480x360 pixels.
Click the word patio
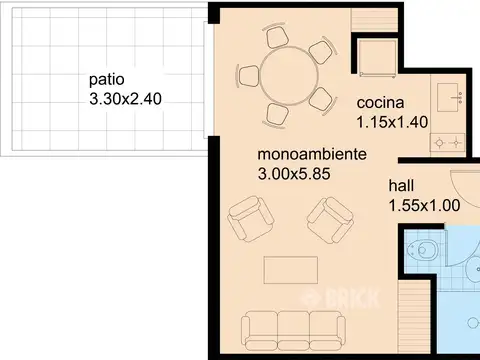click(x=107, y=80)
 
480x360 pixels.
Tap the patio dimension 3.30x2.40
click(x=126, y=99)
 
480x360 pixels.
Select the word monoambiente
click(x=312, y=154)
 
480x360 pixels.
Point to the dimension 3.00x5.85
click(x=294, y=174)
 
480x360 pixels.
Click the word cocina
click(x=380, y=103)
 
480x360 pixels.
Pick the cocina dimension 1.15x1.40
click(x=392, y=122)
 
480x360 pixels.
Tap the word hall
click(x=401, y=185)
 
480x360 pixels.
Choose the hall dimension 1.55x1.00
click(x=425, y=205)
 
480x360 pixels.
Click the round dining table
click(x=289, y=76)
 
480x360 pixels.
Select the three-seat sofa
click(x=293, y=330)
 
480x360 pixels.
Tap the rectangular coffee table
click(x=291, y=270)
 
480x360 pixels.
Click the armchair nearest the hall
click(x=330, y=220)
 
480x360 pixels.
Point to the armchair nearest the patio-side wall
click(x=251, y=219)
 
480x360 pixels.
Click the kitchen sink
click(x=448, y=97)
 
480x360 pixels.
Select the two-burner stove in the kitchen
click(x=448, y=143)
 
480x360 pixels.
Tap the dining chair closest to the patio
click(x=248, y=75)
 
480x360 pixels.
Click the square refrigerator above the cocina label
click(x=378, y=58)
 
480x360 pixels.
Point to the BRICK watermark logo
click(x=341, y=299)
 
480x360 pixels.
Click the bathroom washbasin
click(x=473, y=269)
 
